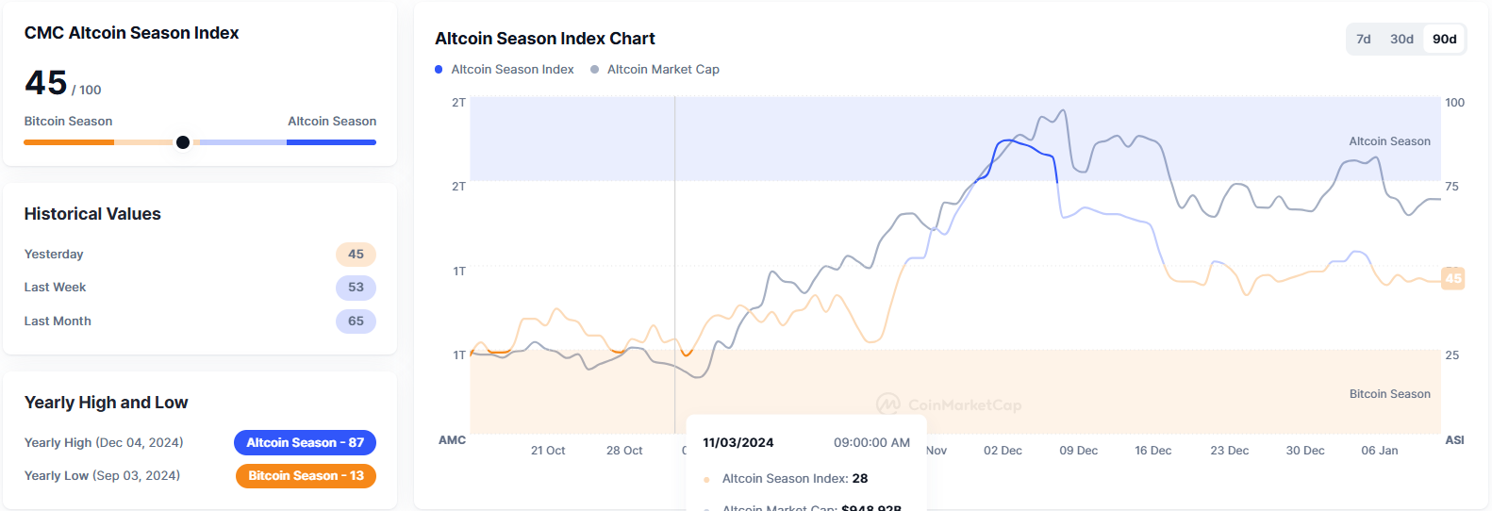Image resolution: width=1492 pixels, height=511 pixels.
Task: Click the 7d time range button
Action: coord(1363,39)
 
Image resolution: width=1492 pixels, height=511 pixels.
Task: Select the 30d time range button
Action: coord(1401,39)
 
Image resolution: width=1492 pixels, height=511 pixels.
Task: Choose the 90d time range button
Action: coord(1444,39)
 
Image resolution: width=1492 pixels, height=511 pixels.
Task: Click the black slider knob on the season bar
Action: coord(183,142)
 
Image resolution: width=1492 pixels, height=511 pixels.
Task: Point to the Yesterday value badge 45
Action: coord(356,255)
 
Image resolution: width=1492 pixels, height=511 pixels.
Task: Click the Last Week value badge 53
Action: coord(356,288)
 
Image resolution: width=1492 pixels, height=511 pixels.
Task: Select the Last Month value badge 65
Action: coord(356,321)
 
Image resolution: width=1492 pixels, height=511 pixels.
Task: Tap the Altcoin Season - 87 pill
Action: coord(305,443)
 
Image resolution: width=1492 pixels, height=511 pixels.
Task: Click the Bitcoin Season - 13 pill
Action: coord(306,476)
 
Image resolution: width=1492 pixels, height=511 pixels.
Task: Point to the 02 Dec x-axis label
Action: coord(1003,451)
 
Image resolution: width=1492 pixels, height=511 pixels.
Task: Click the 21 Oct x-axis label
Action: coord(548,451)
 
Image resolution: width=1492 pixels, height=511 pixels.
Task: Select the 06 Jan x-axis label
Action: coord(1379,451)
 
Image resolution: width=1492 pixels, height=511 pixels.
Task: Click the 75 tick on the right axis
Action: coord(1451,187)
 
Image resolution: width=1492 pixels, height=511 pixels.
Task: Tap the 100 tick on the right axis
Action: coord(1454,103)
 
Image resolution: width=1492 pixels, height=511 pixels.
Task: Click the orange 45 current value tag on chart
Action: coord(1452,278)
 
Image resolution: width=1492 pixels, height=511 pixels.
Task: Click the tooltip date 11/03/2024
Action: coord(738,443)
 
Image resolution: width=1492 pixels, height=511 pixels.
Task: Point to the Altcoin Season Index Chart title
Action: coord(544,39)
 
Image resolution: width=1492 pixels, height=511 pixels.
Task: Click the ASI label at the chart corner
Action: coord(1454,440)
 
